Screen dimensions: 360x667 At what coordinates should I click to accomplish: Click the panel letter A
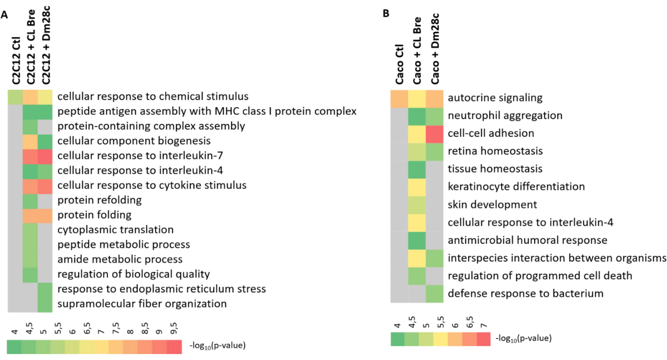tap(4, 15)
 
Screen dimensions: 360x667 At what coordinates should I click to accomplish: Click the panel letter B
tap(386, 14)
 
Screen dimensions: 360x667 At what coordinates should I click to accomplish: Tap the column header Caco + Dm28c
tap(435, 49)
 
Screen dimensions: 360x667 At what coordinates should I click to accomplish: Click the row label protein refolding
tap(99, 200)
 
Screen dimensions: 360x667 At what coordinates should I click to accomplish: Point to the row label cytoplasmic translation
tap(115, 230)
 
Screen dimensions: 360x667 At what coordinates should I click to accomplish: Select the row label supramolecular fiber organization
tap(142, 304)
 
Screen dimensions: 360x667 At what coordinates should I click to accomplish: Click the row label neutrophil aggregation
tap(505, 116)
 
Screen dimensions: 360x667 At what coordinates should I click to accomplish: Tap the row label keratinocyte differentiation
tap(516, 187)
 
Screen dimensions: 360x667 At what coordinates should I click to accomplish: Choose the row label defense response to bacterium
tap(525, 294)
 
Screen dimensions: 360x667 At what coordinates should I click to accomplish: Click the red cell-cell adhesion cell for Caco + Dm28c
tap(435, 134)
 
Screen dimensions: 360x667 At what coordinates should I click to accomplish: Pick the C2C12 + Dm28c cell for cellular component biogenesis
tap(45, 141)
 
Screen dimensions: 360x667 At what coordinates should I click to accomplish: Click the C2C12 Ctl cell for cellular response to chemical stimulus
tap(15, 97)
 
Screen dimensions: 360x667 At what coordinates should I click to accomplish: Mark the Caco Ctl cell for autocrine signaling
tap(399, 99)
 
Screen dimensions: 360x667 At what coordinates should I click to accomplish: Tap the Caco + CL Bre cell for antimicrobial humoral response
tap(417, 240)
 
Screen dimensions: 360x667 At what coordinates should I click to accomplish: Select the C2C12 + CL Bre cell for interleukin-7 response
tap(30, 156)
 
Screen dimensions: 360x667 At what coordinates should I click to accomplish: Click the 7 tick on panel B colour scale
tap(484, 325)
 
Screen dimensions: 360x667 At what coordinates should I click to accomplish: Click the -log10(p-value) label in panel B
tap(523, 338)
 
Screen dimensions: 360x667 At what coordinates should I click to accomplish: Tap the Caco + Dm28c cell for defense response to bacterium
tap(435, 294)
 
